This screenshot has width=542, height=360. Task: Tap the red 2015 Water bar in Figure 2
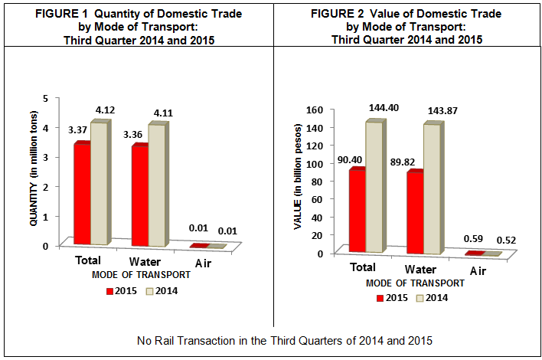point(415,212)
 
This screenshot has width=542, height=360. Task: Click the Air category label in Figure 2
point(478,270)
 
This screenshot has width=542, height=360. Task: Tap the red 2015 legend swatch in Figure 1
point(110,290)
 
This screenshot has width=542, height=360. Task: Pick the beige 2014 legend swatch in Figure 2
point(419,298)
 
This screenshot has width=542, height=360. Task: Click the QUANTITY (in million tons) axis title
point(34,172)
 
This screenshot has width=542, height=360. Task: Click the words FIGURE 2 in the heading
point(336,15)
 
